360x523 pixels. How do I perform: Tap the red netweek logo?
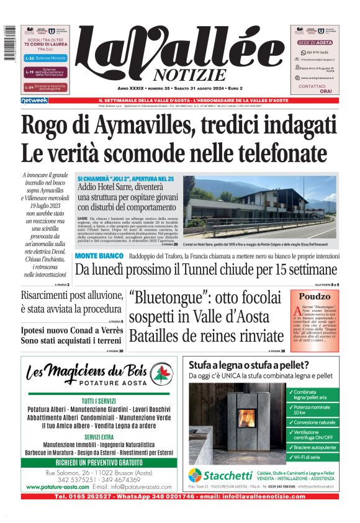click(x=34, y=100)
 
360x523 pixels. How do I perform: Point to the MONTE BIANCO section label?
click(x=99, y=256)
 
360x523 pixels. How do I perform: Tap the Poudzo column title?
click(x=315, y=296)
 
